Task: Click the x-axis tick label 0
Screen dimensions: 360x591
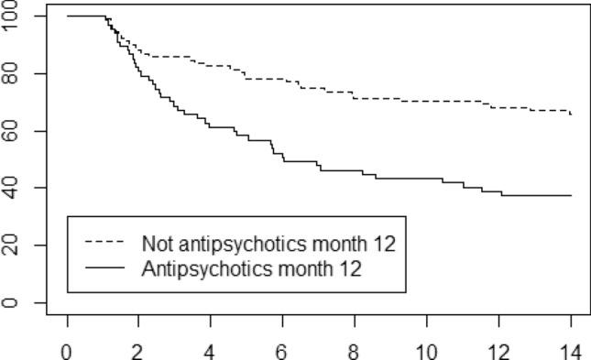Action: (x=67, y=349)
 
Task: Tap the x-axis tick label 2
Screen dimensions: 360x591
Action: (x=138, y=349)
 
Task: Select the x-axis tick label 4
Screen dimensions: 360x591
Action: (x=210, y=349)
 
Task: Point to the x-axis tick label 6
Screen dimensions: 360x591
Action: (x=281, y=349)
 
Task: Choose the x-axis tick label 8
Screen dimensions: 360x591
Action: (x=353, y=349)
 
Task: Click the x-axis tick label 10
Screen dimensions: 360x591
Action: (x=424, y=349)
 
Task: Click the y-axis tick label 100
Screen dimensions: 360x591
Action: (x=13, y=16)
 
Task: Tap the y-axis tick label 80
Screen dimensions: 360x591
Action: (x=13, y=73)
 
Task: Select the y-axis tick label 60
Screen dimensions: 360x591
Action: (x=13, y=131)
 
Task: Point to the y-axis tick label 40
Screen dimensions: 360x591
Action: (x=13, y=188)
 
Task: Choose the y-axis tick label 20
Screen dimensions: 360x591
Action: (x=13, y=245)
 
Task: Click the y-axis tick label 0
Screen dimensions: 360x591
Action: (x=13, y=302)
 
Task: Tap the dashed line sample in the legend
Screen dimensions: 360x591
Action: (x=105, y=244)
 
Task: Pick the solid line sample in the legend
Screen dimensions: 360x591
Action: (x=105, y=268)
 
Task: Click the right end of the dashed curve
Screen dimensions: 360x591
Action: (x=571, y=115)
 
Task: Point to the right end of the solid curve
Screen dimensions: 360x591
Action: (x=571, y=195)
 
